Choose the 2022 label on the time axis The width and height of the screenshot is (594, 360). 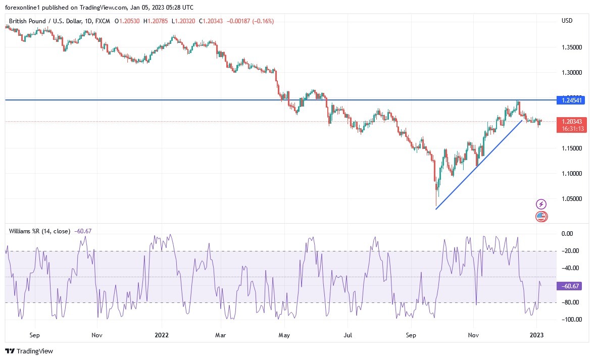[x=162, y=335]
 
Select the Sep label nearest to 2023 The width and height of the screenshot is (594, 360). [x=411, y=335]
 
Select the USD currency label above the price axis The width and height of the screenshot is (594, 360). [x=567, y=21]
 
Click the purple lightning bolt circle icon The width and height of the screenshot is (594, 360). [x=541, y=204]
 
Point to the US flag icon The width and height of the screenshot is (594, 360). [x=541, y=217]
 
